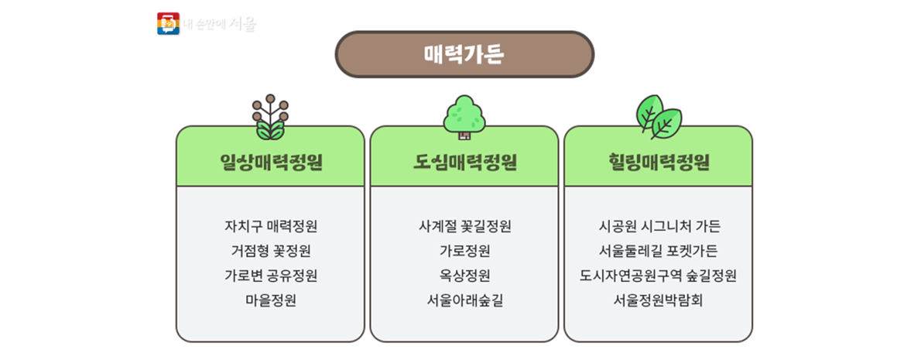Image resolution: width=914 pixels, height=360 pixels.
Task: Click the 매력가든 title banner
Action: click(x=464, y=55)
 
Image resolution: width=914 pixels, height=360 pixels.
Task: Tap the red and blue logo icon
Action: click(x=167, y=24)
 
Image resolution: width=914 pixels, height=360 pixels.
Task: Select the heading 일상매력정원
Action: click(x=270, y=163)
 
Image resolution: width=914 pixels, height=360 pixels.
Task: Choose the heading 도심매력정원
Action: click(x=464, y=163)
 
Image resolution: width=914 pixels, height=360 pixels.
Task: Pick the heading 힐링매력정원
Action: click(x=658, y=163)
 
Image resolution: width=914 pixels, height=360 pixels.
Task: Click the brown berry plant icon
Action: click(x=270, y=116)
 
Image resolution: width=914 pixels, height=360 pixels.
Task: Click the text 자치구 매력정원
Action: click(x=270, y=227)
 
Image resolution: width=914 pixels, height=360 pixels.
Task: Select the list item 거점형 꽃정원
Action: click(x=270, y=251)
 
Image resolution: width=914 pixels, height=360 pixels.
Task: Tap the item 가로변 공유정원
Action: click(x=270, y=276)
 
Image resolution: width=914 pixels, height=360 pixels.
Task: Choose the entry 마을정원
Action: click(x=270, y=300)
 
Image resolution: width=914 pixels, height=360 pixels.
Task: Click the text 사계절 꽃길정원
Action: click(x=464, y=227)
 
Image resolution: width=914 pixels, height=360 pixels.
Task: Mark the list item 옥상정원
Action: click(x=464, y=276)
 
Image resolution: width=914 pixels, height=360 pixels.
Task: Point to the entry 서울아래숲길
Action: click(x=464, y=300)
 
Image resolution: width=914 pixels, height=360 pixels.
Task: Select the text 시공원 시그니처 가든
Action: click(x=659, y=227)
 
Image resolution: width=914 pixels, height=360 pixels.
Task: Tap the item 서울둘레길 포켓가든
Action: click(x=659, y=251)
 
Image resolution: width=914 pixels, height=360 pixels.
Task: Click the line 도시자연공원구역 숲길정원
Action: click(x=659, y=276)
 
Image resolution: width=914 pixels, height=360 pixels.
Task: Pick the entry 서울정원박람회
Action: click(x=659, y=300)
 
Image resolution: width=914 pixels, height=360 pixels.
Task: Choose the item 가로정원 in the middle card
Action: click(x=464, y=251)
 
